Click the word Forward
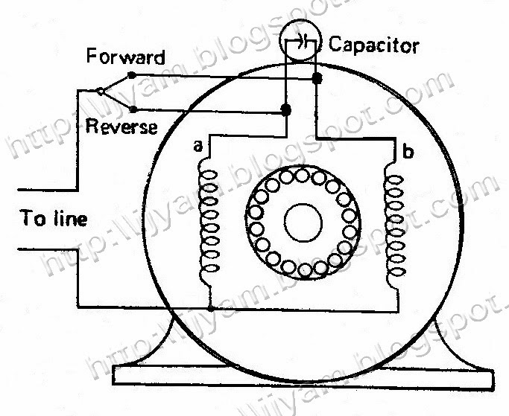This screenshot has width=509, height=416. pyautogui.click(x=125, y=57)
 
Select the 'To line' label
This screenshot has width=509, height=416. pyautogui.click(x=54, y=219)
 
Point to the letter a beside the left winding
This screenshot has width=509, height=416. pyautogui.click(x=197, y=147)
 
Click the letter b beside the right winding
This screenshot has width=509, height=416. pyautogui.click(x=405, y=153)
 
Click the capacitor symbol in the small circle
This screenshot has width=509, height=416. pyautogui.click(x=300, y=45)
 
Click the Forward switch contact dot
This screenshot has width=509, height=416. pyautogui.click(x=132, y=75)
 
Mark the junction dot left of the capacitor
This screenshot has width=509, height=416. pyautogui.click(x=285, y=110)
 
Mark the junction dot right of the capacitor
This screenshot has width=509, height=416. pyautogui.click(x=317, y=77)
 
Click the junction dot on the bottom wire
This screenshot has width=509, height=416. pyautogui.click(x=212, y=307)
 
